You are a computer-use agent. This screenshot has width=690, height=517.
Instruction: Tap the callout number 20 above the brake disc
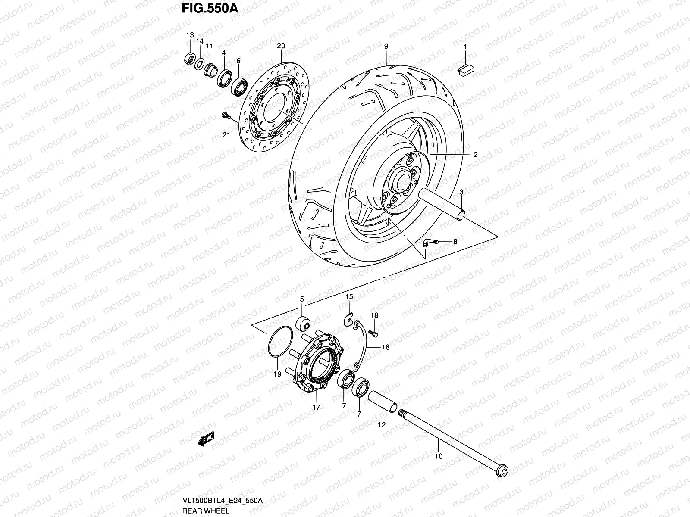[x=281, y=46]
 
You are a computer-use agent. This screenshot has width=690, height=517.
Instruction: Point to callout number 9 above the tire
[x=386, y=46]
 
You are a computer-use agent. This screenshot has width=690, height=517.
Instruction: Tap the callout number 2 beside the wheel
[x=475, y=155]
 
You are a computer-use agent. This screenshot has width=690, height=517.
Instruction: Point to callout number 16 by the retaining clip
[x=385, y=347]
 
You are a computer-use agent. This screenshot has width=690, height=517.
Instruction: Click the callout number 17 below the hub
[x=316, y=407]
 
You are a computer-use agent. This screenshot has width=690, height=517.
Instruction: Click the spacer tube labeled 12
[x=382, y=402]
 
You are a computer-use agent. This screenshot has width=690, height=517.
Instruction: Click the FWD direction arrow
[x=206, y=440]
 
